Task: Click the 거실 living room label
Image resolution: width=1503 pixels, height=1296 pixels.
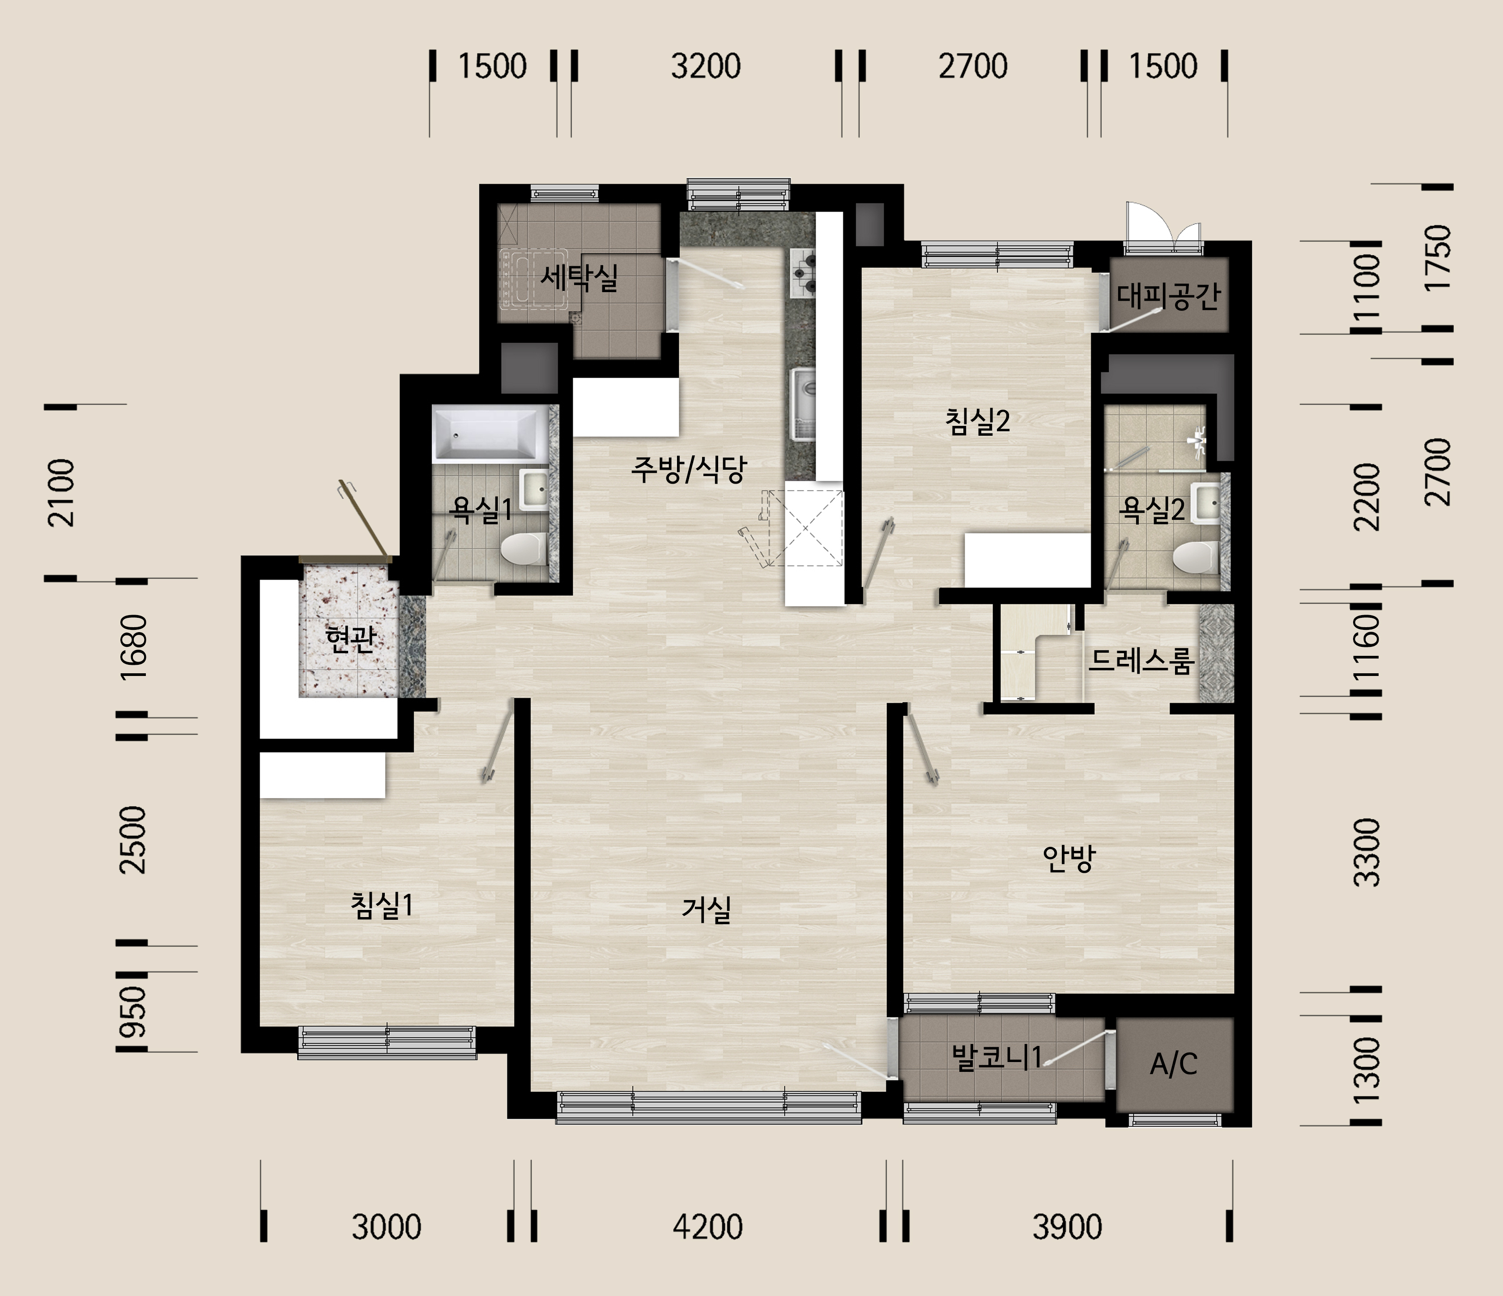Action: tap(706, 909)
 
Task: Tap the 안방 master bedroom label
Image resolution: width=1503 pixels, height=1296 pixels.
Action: tap(1069, 858)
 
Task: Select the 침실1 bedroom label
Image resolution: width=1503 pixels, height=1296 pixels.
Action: tap(382, 905)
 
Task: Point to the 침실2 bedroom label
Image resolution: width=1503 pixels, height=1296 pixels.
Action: tap(978, 421)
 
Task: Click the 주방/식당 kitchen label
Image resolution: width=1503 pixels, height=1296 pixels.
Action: tap(688, 469)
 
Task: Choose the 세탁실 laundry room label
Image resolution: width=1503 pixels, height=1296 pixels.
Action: tap(579, 276)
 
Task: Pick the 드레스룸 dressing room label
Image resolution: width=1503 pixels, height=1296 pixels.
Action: tap(1141, 660)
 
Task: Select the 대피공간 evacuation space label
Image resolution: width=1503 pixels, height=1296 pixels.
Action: tap(1169, 295)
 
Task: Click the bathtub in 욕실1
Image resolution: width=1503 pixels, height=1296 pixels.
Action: tap(490, 433)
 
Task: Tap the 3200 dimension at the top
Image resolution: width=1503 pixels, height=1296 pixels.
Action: tap(706, 66)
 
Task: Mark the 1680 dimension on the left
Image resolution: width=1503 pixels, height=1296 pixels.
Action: tap(134, 646)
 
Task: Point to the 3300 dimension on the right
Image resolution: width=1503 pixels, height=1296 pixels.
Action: tap(1367, 852)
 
